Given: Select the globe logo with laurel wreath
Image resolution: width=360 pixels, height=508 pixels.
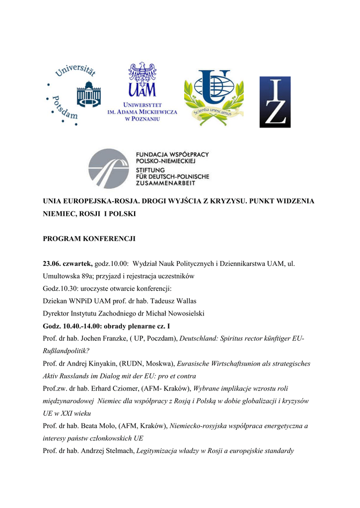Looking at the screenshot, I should [x=214, y=97].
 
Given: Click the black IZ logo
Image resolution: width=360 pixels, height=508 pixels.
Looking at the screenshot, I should [x=275, y=102].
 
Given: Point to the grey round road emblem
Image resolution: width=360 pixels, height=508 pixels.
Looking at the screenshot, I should [x=109, y=168].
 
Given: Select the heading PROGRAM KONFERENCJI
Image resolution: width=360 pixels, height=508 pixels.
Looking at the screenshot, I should [x=89, y=239].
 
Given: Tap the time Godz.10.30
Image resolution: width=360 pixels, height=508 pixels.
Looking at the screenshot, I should [x=60, y=288].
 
